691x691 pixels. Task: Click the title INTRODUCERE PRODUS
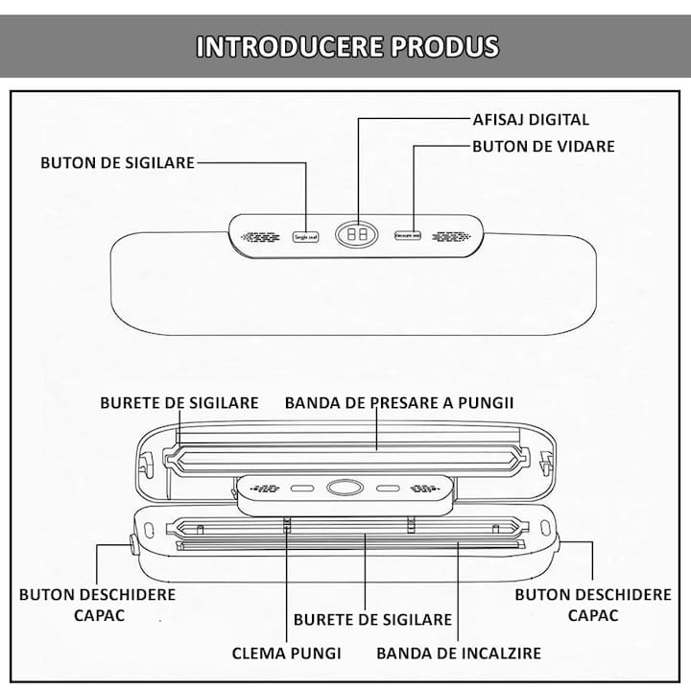(x=347, y=47)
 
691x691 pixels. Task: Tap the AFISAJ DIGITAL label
(x=531, y=120)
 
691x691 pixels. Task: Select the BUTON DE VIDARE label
(x=543, y=147)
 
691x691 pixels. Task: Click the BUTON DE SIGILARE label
(x=117, y=162)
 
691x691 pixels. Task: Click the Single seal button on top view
(x=302, y=235)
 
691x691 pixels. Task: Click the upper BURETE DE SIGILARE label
(x=179, y=402)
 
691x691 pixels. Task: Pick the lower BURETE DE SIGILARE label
(x=372, y=619)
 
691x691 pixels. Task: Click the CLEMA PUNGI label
(x=287, y=654)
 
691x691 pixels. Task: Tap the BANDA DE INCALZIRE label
(x=458, y=654)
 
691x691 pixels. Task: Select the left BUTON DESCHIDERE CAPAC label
(x=98, y=605)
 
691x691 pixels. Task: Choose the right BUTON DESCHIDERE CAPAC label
(x=593, y=605)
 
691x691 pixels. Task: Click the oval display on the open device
(x=343, y=488)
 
